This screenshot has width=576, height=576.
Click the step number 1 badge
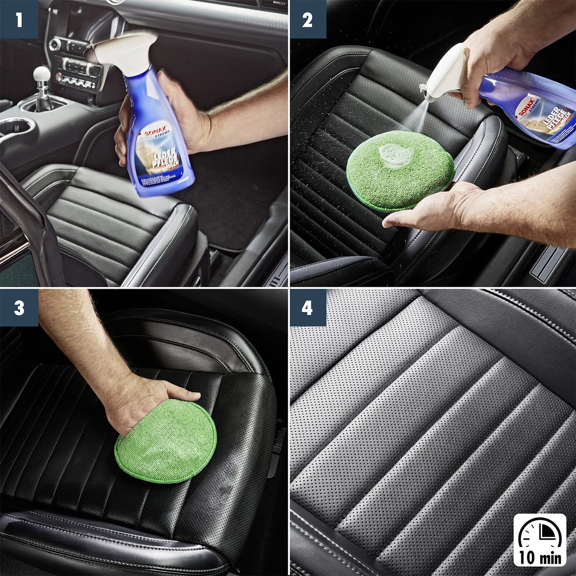(x=19, y=19)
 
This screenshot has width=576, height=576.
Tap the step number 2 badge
(x=307, y=19)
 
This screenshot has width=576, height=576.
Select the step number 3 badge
(x=19, y=308)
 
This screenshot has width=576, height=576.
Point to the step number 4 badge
(x=307, y=308)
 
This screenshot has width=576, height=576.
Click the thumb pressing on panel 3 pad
(x=183, y=395)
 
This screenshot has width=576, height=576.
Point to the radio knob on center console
(x=54, y=44)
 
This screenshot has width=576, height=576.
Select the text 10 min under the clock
(x=540, y=557)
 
